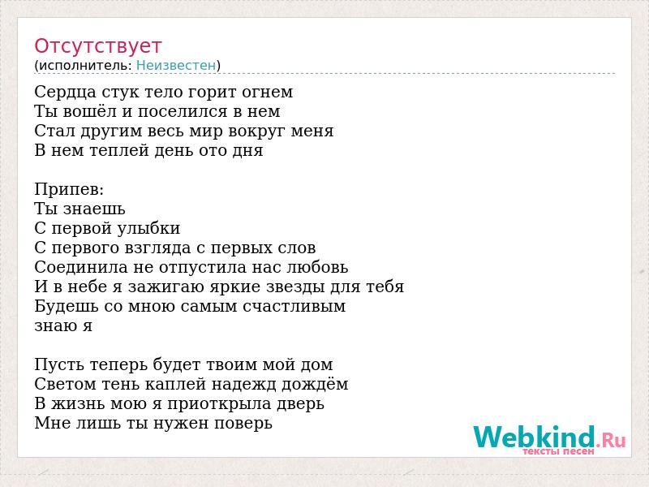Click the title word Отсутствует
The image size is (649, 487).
tap(97, 46)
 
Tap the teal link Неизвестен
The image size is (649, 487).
tap(176, 66)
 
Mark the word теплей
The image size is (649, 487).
tap(119, 151)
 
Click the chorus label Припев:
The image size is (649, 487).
tap(69, 190)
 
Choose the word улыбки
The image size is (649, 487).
tap(148, 229)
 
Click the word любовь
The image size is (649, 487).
tap(318, 268)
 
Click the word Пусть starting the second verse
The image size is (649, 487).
tap(60, 365)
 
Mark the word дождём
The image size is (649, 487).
tap(315, 384)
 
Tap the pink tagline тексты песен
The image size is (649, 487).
tap(558, 451)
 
